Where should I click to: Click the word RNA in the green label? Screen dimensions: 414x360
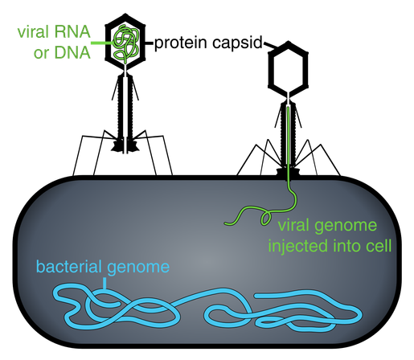pos(72,32)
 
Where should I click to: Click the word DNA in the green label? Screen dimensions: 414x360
pos(72,52)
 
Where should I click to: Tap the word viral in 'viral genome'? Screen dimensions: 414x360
pos(293,225)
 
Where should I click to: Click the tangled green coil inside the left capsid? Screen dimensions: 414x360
pos(125,43)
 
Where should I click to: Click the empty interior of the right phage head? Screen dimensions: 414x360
pos(289,69)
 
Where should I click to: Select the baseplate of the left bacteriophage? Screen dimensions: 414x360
pos(125,145)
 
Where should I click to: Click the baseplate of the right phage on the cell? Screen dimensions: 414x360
pos(288,172)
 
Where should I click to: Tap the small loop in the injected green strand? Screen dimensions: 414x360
pos(266,219)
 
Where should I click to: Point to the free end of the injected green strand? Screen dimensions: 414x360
pos(226,223)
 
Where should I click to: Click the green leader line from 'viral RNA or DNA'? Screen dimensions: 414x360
pos(103,43)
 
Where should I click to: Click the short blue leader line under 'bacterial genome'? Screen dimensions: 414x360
pos(105,284)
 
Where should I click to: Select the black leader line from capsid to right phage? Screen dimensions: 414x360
pos(270,45)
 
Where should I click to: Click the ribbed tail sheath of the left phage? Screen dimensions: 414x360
pos(125,107)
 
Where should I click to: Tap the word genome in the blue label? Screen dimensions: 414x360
pos(138,268)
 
